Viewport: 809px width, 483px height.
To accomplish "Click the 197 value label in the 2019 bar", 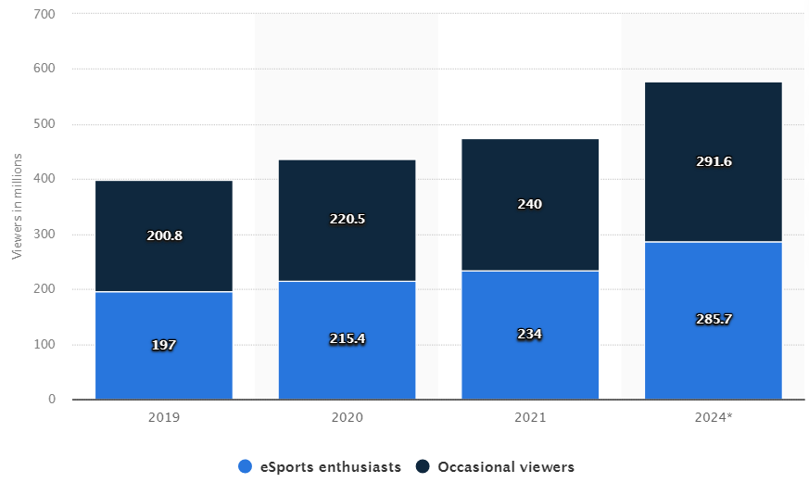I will pyautogui.click(x=164, y=345).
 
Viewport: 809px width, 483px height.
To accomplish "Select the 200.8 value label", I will pyautogui.click(x=164, y=235).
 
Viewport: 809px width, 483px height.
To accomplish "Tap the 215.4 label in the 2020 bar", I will pyautogui.click(x=347, y=339).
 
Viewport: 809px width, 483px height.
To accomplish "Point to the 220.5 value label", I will pyautogui.click(x=347, y=220).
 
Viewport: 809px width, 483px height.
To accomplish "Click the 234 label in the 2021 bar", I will pyautogui.click(x=530, y=334).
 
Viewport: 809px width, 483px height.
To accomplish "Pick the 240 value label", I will pyautogui.click(x=530, y=204).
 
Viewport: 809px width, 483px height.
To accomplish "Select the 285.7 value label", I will pyautogui.click(x=713, y=319).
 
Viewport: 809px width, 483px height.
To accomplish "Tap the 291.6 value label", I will pyautogui.click(x=713, y=161).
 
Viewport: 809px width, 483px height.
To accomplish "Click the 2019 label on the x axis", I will pyautogui.click(x=164, y=418).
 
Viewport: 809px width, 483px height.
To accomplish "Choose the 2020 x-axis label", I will pyautogui.click(x=347, y=418).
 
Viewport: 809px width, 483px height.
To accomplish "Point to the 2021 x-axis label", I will pyautogui.click(x=530, y=418).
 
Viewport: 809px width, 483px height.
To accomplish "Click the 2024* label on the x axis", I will pyautogui.click(x=713, y=418).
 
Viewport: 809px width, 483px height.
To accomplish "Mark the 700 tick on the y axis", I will pyautogui.click(x=44, y=15).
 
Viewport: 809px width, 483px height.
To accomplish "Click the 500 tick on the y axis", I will pyautogui.click(x=44, y=124).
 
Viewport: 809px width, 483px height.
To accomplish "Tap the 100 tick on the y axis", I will pyautogui.click(x=44, y=345).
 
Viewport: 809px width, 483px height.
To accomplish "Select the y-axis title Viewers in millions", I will pyautogui.click(x=17, y=207).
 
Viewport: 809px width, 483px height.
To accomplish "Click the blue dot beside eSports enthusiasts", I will pyautogui.click(x=245, y=467).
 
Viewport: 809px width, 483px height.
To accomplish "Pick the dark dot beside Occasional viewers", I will pyautogui.click(x=423, y=467).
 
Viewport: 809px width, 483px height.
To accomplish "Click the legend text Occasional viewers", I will pyautogui.click(x=505, y=467).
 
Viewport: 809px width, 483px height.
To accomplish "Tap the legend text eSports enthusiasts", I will pyautogui.click(x=330, y=467).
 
